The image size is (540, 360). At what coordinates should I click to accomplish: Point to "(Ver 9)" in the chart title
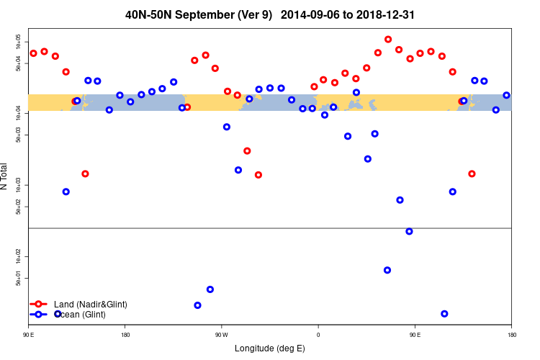250,14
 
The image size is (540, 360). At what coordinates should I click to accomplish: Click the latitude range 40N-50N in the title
147,14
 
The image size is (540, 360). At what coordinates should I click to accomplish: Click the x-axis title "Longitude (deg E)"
269,348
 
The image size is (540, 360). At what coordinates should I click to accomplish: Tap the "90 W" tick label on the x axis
221,336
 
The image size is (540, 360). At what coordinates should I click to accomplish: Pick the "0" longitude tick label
318,336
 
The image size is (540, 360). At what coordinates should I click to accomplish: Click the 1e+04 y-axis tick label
19,114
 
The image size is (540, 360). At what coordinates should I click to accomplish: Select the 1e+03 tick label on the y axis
19,186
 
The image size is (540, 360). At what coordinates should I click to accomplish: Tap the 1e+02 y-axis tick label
19,257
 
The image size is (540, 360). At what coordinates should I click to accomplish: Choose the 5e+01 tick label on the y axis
19,279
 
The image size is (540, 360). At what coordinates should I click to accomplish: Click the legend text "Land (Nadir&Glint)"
91,305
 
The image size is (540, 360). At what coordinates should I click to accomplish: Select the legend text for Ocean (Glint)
80,315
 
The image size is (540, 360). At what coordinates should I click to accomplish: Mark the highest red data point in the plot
388,40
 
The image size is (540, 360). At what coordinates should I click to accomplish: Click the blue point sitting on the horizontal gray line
409,231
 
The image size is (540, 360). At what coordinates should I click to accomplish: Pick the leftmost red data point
33,53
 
